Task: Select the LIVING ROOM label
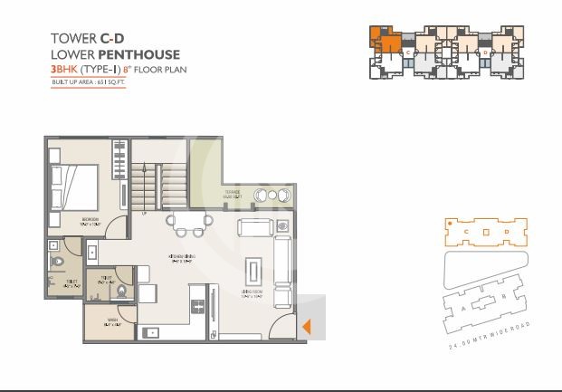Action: point(254,294)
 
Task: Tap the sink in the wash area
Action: point(152,331)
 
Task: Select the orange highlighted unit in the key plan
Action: point(384,42)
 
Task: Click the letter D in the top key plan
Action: point(486,53)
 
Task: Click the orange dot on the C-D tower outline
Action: point(446,220)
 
